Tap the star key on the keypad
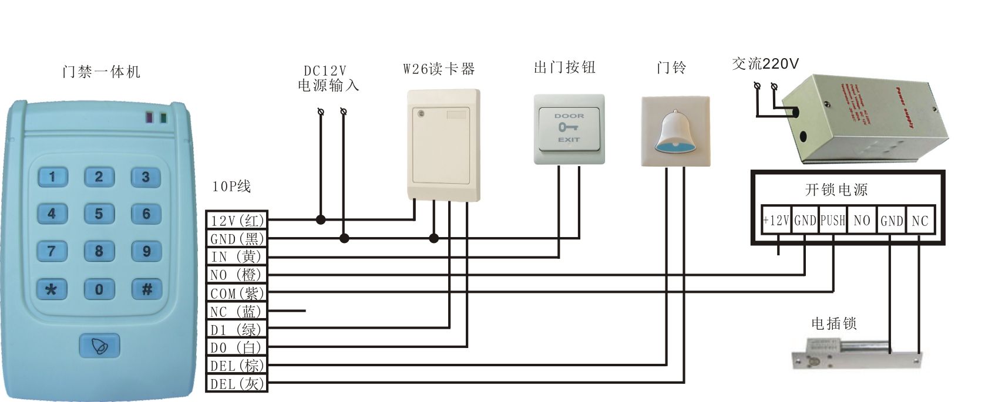click(52, 289)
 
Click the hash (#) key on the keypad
click(146, 289)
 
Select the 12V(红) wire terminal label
click(237, 220)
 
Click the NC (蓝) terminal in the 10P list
click(237, 311)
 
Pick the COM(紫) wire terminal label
click(237, 293)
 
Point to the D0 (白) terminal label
click(237, 347)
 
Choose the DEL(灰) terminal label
click(237, 384)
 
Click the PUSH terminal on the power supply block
click(832, 221)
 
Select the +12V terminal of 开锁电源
click(776, 221)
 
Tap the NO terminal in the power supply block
click(862, 221)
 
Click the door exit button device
click(569, 129)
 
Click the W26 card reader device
click(443, 144)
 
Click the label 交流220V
click(765, 63)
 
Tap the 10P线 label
click(231, 187)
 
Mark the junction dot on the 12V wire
click(321, 220)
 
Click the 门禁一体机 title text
click(101, 72)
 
